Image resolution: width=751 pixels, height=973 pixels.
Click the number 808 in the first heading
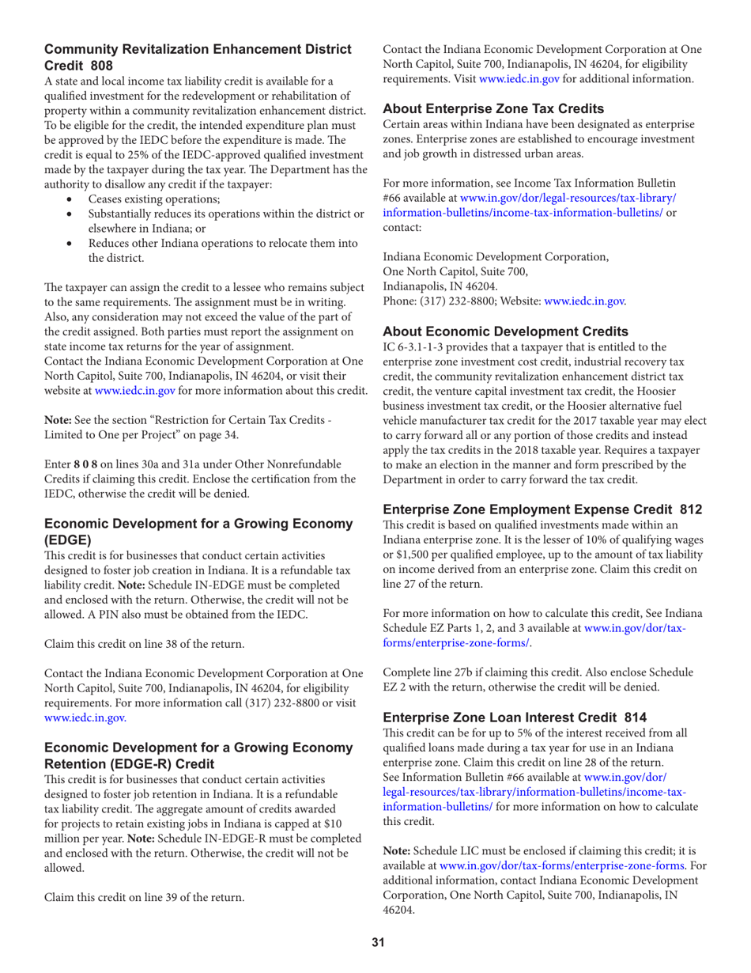[x=102, y=65]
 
